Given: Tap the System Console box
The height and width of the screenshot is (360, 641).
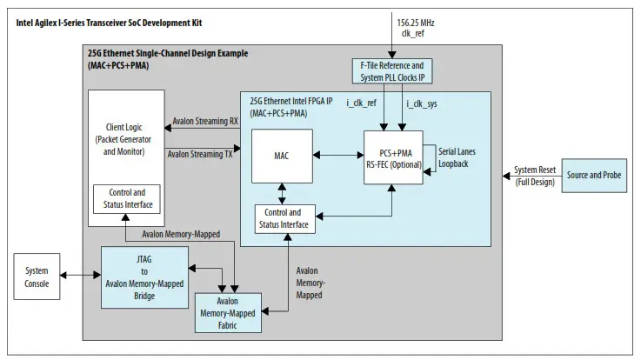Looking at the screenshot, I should [x=37, y=276].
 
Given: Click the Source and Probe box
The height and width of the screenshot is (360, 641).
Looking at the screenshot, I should [x=594, y=176].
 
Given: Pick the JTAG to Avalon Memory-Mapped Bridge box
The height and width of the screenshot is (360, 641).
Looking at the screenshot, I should [x=144, y=277].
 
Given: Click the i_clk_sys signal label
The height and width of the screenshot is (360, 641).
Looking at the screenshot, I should [x=420, y=104].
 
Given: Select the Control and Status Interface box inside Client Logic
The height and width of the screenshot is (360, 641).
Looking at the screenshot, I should [x=127, y=199].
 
